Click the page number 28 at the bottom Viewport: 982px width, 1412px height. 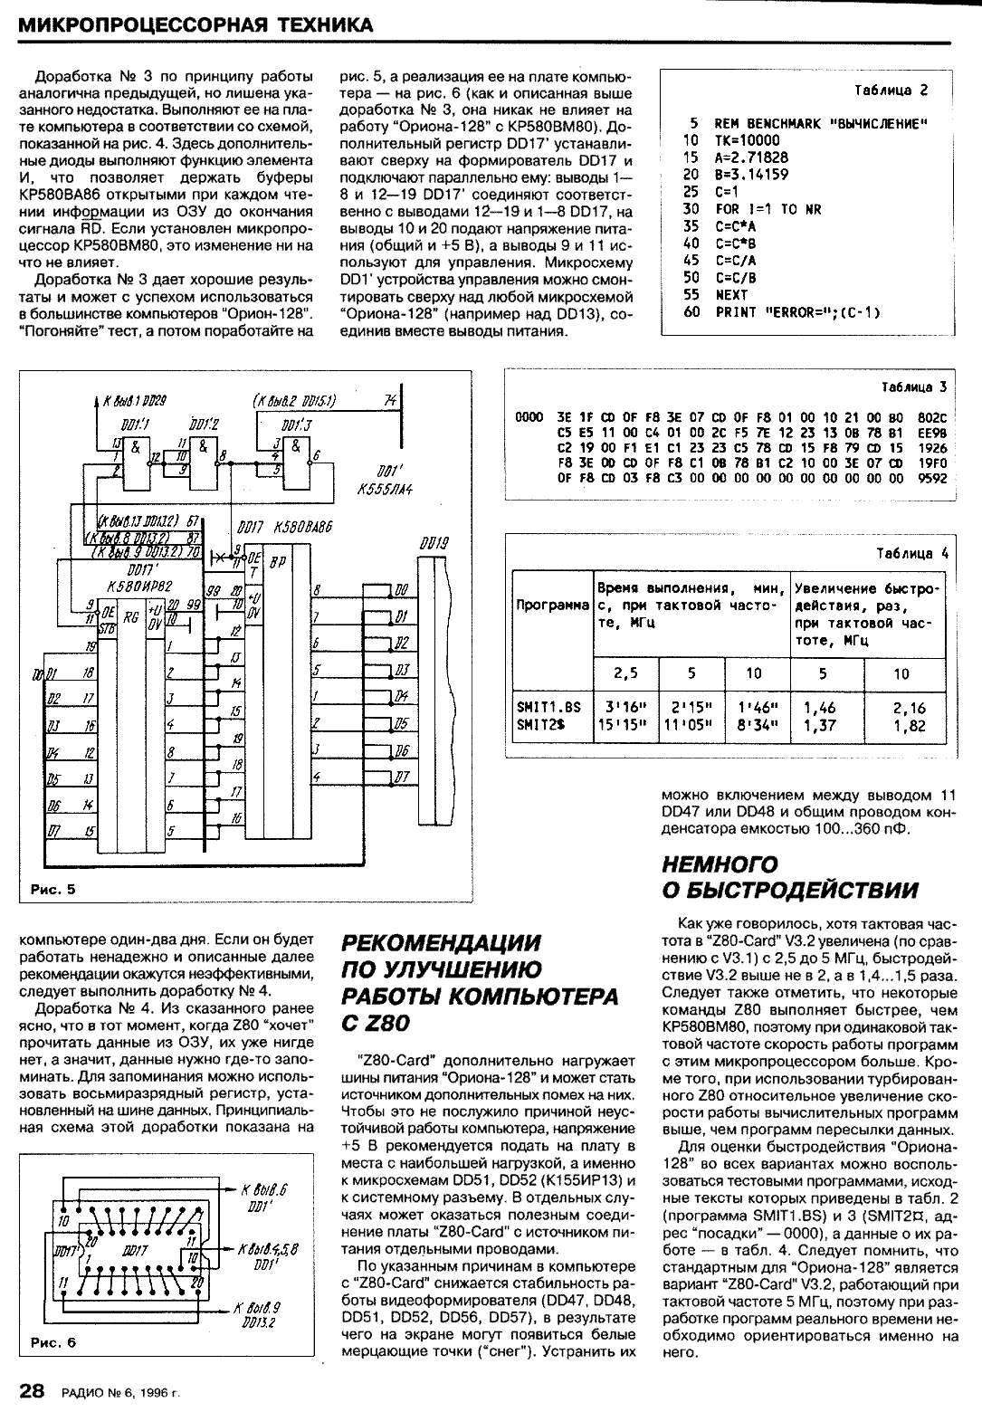(33, 1390)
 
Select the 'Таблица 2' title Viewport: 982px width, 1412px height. (891, 91)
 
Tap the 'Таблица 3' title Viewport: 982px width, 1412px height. (913, 386)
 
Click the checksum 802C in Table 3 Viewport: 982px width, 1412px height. (930, 417)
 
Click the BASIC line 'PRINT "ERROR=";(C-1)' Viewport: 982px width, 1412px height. (797, 312)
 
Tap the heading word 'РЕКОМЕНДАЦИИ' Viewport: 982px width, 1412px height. (442, 942)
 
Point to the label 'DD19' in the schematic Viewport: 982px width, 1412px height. (434, 544)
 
